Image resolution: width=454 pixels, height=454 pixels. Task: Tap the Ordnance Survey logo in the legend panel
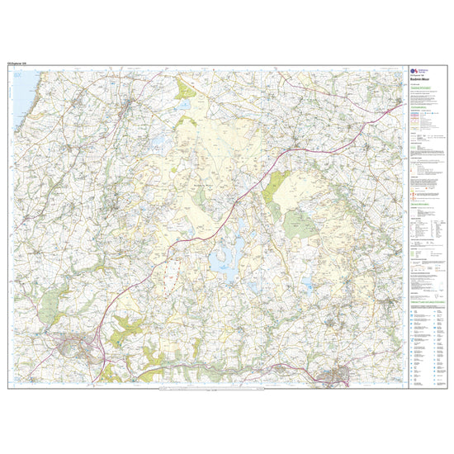click(415, 72)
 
